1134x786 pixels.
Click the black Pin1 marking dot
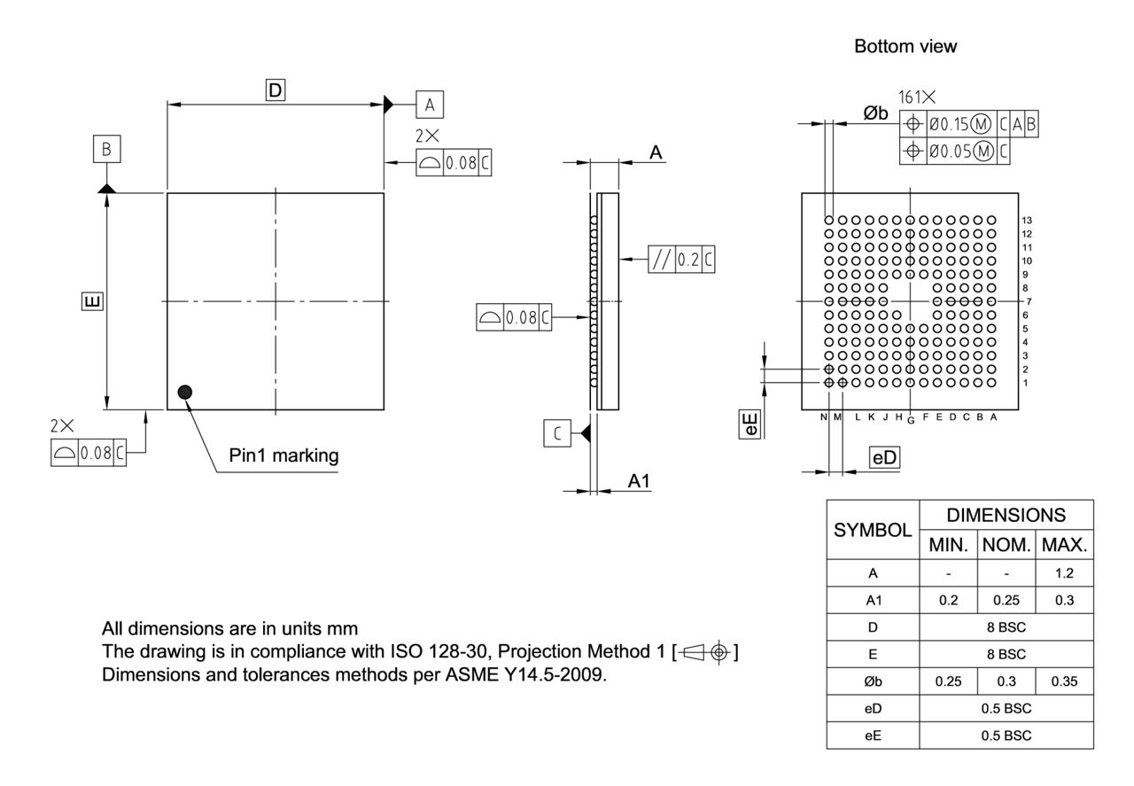click(184, 392)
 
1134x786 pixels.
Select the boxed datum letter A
click(430, 105)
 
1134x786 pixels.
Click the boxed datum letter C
click(557, 433)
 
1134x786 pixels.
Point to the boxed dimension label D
click(276, 89)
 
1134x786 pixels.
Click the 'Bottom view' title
click(905, 47)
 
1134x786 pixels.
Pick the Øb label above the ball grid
click(875, 112)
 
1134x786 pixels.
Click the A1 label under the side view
click(640, 480)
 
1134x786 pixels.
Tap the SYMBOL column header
click(873, 530)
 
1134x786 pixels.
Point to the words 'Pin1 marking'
click(283, 456)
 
